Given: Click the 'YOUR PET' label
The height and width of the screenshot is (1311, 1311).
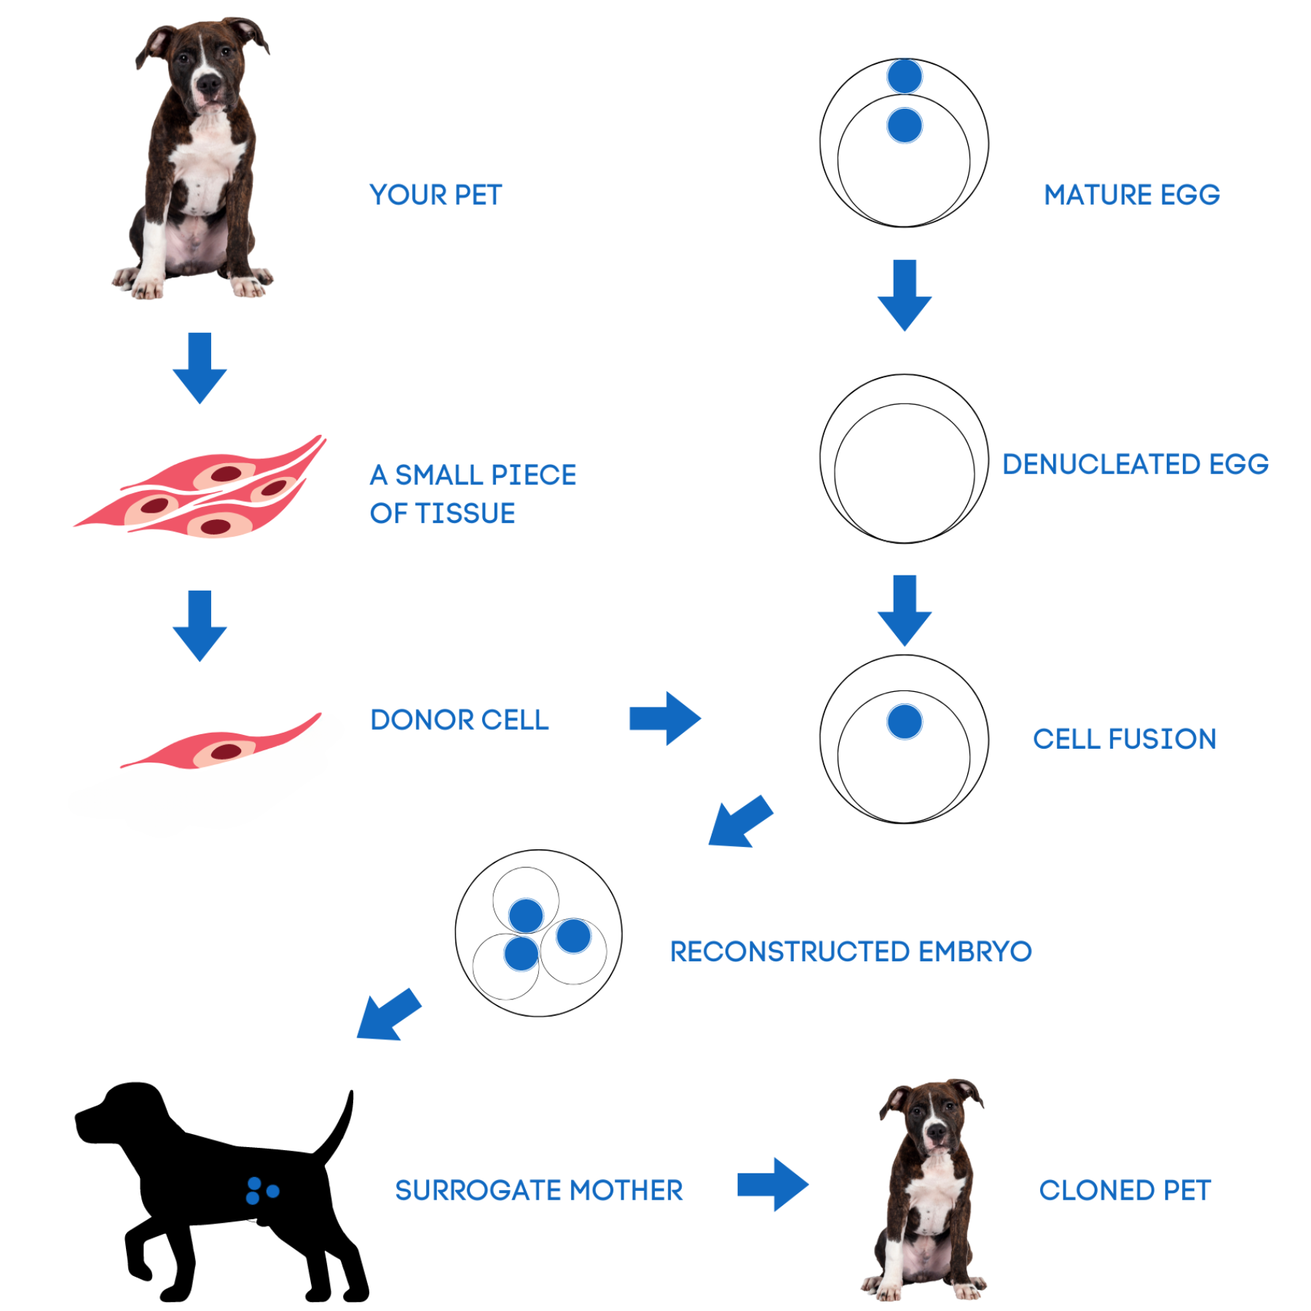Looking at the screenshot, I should click(436, 195).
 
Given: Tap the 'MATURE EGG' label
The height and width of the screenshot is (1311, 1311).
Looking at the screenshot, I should click(1132, 195).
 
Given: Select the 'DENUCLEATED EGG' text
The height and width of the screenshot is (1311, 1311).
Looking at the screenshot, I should click(1135, 465).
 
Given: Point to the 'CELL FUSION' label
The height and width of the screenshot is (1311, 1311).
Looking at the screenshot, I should click(1125, 739).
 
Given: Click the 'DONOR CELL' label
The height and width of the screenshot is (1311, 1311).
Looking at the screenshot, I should click(460, 720).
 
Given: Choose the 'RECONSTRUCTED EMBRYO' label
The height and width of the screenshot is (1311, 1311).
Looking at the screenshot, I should click(851, 952).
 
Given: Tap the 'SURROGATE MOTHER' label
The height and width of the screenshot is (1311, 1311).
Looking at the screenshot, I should click(539, 1191).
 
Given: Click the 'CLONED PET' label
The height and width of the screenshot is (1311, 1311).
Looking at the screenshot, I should click(1125, 1191).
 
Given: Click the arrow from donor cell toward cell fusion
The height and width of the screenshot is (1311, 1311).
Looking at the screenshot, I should click(665, 719).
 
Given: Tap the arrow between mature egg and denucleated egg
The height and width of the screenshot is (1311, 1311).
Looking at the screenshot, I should click(905, 295).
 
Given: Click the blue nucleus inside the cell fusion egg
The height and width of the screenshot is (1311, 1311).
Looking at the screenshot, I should click(905, 722).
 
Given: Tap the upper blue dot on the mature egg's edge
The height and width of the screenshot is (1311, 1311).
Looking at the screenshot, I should click(905, 76).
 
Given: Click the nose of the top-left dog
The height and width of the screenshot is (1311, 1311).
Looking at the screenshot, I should click(209, 83).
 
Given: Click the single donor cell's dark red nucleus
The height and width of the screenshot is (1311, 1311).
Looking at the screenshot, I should click(227, 752).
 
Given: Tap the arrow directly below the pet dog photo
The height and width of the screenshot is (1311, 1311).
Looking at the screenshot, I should click(200, 368).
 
